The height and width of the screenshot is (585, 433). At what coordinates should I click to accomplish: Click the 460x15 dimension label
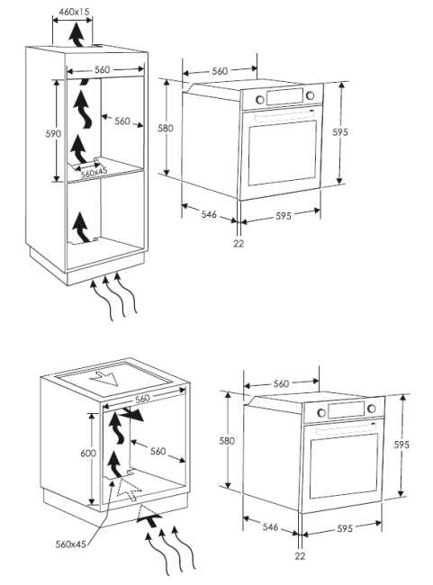(x=75, y=12)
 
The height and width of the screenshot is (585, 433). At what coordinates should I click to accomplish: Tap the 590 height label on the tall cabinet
(x=52, y=133)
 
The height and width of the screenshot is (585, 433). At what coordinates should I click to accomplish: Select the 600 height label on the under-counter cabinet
(x=88, y=454)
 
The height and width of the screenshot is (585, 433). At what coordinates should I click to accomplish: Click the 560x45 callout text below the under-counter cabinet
(x=70, y=544)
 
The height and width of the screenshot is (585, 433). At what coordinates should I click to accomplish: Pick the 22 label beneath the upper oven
(x=239, y=244)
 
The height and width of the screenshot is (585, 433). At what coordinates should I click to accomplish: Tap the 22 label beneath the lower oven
(x=300, y=556)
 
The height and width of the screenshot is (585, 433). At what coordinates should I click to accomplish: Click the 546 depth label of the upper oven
(x=209, y=214)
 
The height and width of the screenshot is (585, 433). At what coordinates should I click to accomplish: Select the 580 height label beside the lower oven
(x=227, y=441)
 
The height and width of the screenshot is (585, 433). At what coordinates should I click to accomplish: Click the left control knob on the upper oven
(x=260, y=100)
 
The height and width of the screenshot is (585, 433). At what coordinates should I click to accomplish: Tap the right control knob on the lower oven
(x=372, y=409)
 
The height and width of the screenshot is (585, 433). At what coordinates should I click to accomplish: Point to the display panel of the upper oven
(x=284, y=96)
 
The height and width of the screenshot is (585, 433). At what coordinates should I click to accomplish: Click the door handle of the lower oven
(x=347, y=430)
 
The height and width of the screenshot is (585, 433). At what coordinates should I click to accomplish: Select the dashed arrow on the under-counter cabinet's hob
(x=104, y=378)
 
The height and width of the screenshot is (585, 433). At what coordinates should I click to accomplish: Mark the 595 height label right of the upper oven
(x=340, y=132)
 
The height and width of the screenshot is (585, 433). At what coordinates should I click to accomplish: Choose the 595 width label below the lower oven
(x=345, y=528)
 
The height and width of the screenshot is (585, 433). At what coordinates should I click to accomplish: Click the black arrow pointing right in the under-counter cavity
(x=133, y=415)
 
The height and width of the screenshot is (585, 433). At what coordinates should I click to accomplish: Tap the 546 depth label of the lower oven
(x=270, y=527)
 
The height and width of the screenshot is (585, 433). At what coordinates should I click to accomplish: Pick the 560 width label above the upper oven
(x=220, y=71)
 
